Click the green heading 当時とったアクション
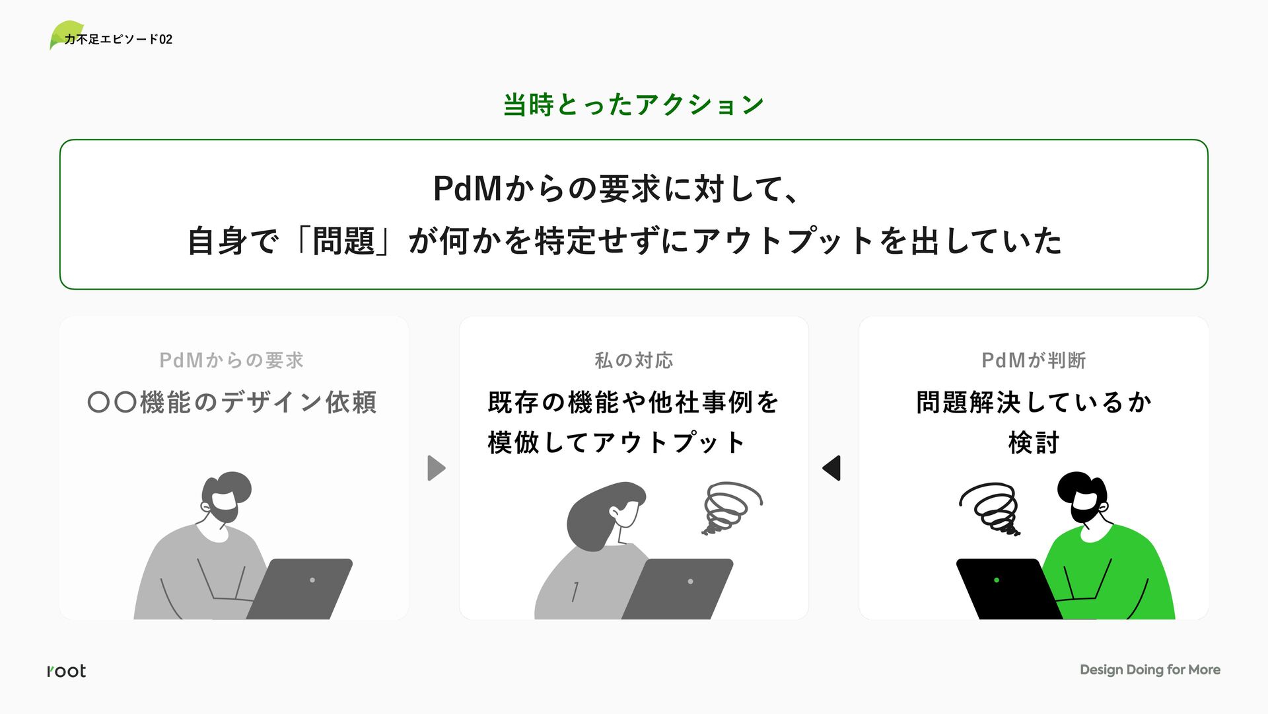tap(633, 104)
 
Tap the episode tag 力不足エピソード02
tap(118, 40)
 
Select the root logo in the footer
tap(66, 670)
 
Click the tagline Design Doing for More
tap(1149, 670)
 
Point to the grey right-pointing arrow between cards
tap(436, 468)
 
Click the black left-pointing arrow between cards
tap(832, 468)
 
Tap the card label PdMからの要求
tap(231, 360)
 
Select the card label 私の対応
tap(633, 360)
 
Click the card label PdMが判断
tap(1034, 360)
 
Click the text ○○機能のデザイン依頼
tap(232, 402)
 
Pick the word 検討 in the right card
tap(1034, 442)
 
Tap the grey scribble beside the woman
tap(730, 507)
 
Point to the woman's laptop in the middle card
tap(679, 588)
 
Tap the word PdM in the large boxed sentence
tap(468, 188)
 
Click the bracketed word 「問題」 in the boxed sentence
tap(343, 241)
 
